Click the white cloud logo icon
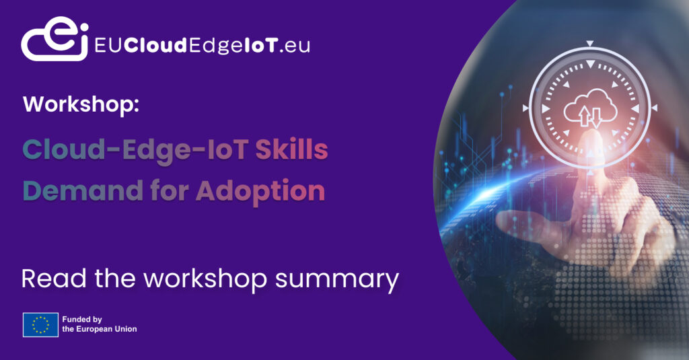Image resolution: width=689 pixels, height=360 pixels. pos(55,38)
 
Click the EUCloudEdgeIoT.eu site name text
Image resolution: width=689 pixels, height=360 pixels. pos(202,45)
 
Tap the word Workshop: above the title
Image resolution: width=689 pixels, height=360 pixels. pos(81,104)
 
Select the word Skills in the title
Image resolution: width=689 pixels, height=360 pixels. pos(291,149)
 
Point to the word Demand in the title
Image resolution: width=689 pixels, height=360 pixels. pos(83,190)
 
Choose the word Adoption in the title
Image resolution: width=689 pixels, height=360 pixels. pos(260,192)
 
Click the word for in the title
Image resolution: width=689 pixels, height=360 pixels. pos(169,190)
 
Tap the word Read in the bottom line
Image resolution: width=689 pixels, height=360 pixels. pos(54,279)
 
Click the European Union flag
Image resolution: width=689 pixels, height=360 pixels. pos(40,325)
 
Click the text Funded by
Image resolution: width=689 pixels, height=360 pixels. pos(82,320)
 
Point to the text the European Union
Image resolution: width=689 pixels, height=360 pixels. pos(100,329)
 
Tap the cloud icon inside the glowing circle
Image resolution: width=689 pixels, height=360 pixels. pos(590,108)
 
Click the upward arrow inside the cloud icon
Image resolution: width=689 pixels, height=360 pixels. pos(584,116)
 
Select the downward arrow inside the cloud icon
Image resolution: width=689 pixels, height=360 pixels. pos(596,117)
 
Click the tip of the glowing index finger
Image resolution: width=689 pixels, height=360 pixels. pos(590,134)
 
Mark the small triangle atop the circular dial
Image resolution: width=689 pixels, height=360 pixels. pos(590,43)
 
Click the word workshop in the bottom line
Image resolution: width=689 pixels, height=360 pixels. pos(205,279)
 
